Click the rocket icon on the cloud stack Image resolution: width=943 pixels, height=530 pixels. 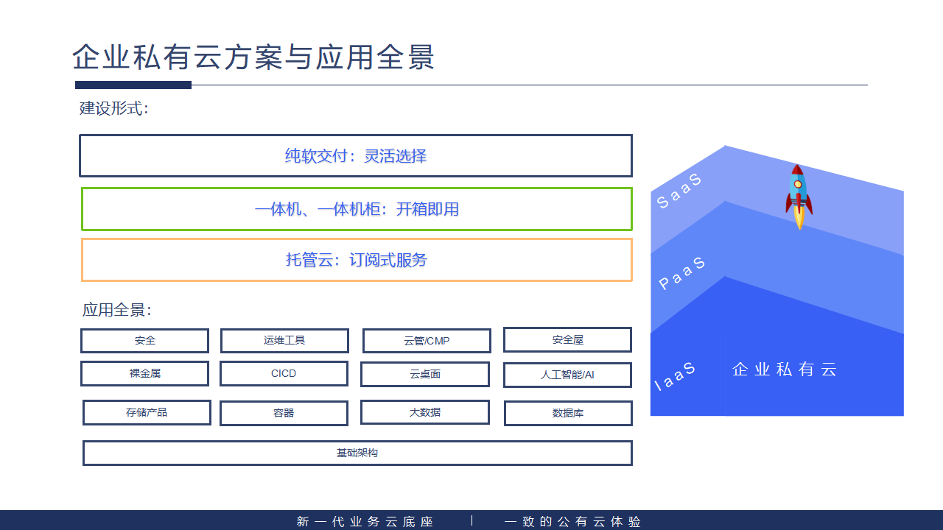pos(799,196)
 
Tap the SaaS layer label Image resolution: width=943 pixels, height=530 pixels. pos(679,191)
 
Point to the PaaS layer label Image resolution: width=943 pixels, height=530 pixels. pos(681,273)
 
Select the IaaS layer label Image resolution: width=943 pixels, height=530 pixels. pos(675,376)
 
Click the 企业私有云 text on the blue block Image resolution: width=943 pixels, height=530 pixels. pos(785,370)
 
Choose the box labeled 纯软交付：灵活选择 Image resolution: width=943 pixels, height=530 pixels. pos(356,156)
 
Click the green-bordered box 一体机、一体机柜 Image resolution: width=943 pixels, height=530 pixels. pos(357,209)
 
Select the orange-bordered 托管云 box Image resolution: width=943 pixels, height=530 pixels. pos(357,260)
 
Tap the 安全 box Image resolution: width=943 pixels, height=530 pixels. pos(144,341)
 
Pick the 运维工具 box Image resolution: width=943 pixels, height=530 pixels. pos(284,341)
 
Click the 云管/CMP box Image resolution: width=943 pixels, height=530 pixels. pos(427,341)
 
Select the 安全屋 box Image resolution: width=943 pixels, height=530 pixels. pos(567,340)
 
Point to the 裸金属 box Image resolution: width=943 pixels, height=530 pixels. pos(144,373)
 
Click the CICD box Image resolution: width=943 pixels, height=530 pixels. pos(284,373)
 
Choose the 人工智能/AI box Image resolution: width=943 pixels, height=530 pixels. pos(567,375)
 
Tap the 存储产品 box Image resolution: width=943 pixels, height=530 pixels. pos(147,412)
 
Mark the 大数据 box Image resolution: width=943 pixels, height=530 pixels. pos(425,412)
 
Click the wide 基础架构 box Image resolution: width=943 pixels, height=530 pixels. pos(357,453)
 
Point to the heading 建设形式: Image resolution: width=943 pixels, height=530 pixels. pos(114,109)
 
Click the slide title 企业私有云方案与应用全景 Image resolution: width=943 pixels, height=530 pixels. pos(253,57)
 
